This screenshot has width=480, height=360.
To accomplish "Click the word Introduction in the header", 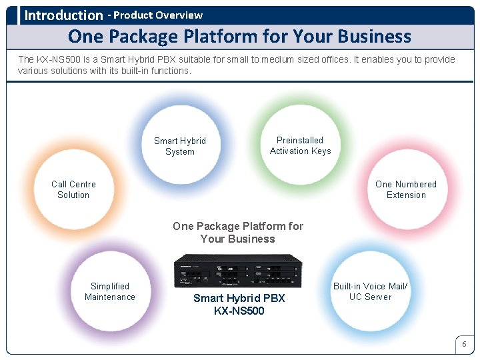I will coord(63,15).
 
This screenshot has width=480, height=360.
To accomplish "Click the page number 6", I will coord(464,344).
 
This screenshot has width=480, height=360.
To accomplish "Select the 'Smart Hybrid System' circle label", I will coord(180,146).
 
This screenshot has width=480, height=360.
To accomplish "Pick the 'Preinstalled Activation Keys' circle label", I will coord(300,145).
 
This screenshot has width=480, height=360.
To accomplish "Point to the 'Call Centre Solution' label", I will coord(73,189).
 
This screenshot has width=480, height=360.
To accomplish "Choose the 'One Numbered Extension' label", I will coord(406,189).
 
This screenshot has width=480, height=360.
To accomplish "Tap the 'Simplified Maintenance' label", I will coord(110,291).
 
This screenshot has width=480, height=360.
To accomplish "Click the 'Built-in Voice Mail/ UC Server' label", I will coord(370,291).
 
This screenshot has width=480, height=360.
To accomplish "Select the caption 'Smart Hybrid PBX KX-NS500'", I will coord(239,304).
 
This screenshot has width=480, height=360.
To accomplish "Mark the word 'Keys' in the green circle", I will coord(318,151).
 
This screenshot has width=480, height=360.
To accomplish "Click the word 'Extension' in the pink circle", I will coord(406,195).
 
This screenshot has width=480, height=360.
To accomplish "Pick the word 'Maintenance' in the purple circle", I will coord(110,297).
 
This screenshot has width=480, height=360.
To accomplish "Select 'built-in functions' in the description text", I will coord(156,71).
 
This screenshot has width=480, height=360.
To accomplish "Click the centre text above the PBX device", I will coord(238,232).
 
